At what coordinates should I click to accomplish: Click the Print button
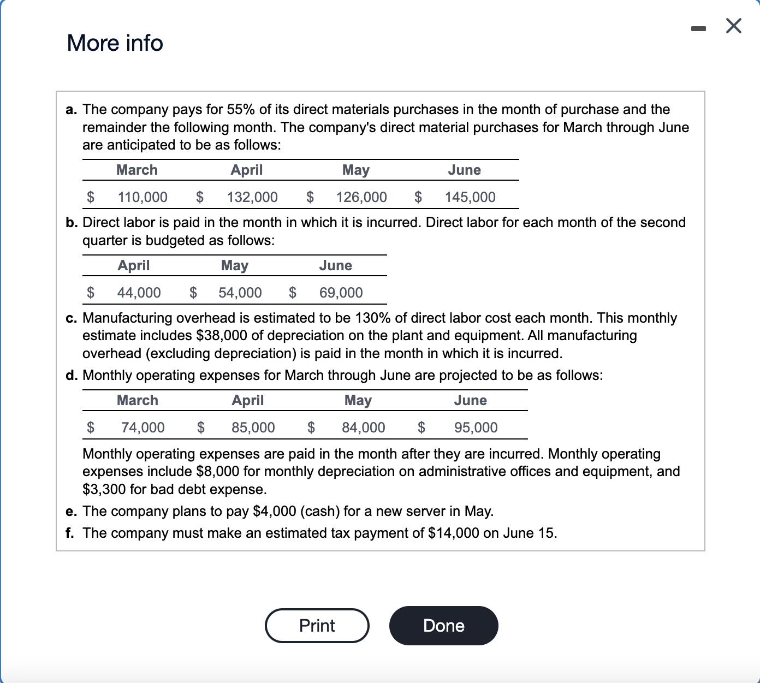coord(317,626)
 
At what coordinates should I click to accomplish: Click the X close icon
coord(734,26)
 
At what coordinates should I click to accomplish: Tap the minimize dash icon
coord(698,27)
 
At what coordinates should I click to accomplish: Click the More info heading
coord(115,43)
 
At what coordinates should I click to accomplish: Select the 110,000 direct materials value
coord(143,197)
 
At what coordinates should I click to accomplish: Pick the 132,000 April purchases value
coord(252,197)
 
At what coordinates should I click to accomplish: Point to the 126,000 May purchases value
coord(361,197)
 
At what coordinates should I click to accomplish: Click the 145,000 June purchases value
coord(470,197)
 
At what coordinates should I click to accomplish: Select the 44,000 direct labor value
coord(139,293)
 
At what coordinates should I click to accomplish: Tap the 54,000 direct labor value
coord(240,293)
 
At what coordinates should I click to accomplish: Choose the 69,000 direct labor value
coord(341,293)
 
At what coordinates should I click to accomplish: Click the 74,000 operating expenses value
coord(143,427)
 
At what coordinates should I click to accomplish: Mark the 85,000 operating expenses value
coord(253,427)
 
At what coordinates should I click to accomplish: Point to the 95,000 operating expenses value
coord(476,427)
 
